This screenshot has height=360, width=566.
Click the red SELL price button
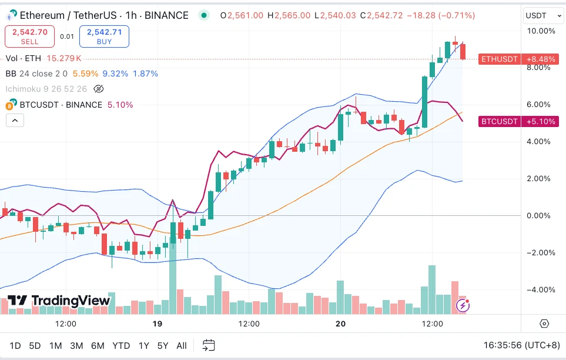[30, 36]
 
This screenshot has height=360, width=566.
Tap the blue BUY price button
[104, 36]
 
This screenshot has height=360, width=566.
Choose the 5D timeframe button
[35, 346]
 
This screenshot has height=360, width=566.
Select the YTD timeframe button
[121, 346]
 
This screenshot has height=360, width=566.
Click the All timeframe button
[182, 346]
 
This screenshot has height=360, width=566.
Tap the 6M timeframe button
[98, 346]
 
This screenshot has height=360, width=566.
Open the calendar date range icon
[209, 346]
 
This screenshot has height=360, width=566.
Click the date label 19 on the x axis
[157, 324]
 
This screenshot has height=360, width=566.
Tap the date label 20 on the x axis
[340, 324]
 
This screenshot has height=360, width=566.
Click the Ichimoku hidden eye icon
[98, 89]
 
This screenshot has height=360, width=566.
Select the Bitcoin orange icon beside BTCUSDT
[9, 105]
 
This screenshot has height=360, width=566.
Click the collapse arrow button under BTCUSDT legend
[15, 121]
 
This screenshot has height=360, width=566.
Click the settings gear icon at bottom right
[544, 324]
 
